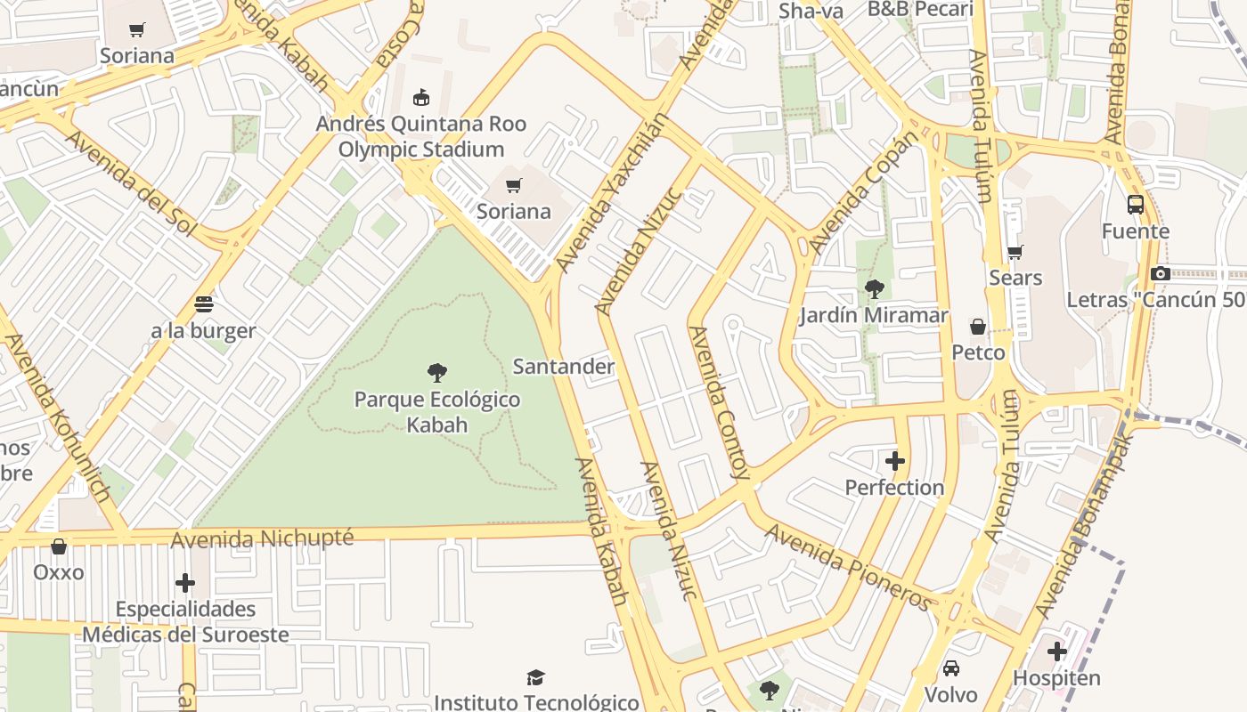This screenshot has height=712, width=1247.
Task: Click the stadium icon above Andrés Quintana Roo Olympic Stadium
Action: click(421, 97)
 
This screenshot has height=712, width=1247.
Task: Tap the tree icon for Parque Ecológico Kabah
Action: click(436, 372)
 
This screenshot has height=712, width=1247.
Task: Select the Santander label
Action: click(563, 367)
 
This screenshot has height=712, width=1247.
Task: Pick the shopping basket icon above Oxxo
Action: click(59, 546)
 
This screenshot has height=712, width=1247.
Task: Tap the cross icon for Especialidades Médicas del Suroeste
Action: click(185, 583)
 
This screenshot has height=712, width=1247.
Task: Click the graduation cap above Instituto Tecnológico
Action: click(535, 678)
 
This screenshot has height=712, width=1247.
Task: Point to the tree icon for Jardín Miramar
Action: click(874, 288)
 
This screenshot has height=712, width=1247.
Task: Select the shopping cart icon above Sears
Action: click(1015, 252)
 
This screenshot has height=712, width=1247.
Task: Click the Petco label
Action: click(978, 352)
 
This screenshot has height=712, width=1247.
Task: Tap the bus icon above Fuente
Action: click(1136, 205)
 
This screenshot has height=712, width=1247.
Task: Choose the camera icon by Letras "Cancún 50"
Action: click(1160, 274)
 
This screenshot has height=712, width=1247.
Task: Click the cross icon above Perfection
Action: click(895, 461)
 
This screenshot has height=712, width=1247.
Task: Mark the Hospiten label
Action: click(1056, 678)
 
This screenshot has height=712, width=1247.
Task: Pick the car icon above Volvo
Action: click(950, 667)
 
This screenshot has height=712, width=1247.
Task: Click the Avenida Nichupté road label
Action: click(262, 539)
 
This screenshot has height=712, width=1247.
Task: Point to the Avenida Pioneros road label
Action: click(849, 567)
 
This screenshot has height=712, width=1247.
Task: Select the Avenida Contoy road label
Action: click(721, 402)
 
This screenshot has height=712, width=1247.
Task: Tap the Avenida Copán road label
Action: click(862, 193)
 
